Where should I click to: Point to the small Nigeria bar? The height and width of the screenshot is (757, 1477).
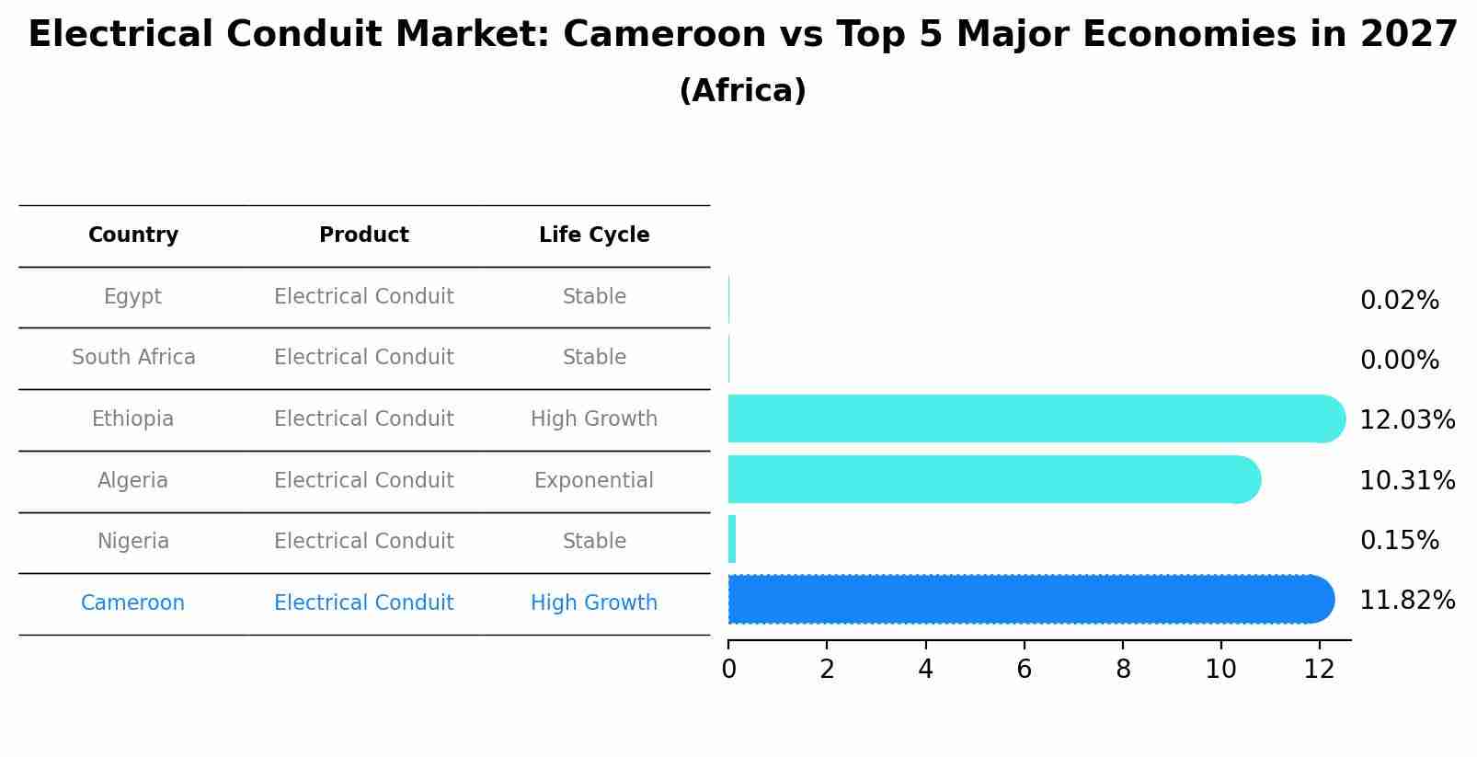coord(732,539)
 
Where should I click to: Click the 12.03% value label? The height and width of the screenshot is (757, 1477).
coord(1406,420)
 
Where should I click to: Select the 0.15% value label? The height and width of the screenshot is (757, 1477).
coord(1399,541)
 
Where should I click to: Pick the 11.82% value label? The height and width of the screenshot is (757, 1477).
coord(1406,601)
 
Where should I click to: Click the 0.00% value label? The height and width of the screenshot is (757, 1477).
coord(1399,361)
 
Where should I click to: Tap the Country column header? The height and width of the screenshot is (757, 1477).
coord(133,235)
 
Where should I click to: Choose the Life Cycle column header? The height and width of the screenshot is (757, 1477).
coord(594,235)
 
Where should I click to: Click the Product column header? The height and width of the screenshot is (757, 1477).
coord(363,235)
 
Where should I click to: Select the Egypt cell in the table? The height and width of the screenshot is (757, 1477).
coord(133,297)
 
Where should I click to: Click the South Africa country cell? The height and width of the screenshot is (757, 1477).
coord(133,358)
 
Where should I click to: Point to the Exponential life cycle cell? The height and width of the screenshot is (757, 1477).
coord(593,480)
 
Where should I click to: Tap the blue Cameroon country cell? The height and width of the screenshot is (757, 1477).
coord(133,603)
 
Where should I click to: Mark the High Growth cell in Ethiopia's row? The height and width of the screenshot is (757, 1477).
coord(593,419)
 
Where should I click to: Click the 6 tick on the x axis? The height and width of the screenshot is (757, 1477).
coord(1024,670)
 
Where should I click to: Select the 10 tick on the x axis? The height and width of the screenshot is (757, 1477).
coord(1220,670)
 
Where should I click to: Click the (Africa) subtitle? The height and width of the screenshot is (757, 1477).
coord(742,91)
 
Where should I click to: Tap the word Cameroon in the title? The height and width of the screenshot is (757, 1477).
coord(664,35)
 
